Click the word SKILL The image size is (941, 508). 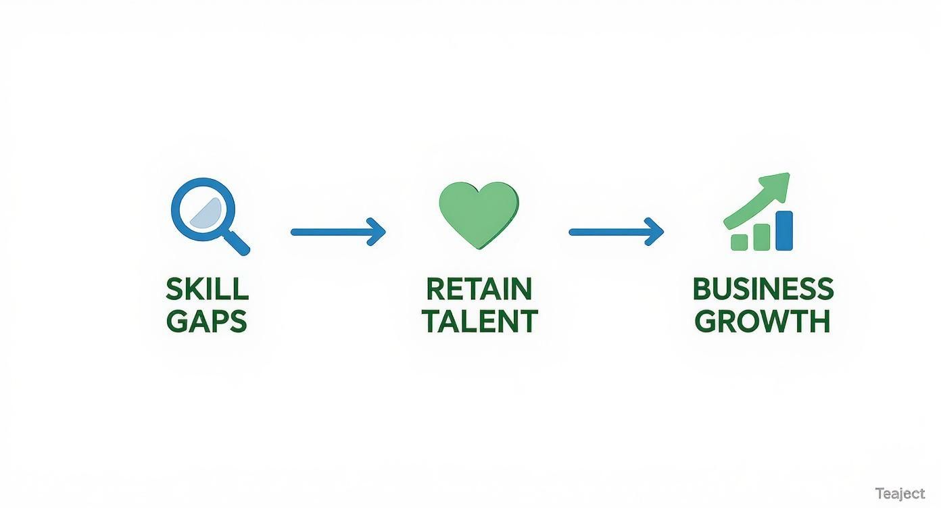(x=207, y=290)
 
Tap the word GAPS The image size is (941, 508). (x=207, y=321)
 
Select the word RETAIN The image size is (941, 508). (x=479, y=290)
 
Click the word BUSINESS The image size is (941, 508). (x=763, y=290)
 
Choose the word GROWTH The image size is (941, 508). (x=763, y=321)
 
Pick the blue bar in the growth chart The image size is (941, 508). (x=784, y=230)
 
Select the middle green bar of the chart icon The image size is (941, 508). (x=762, y=237)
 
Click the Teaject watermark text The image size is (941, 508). (x=899, y=493)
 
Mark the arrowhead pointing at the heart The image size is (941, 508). (x=379, y=232)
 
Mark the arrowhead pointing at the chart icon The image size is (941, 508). (x=657, y=232)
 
